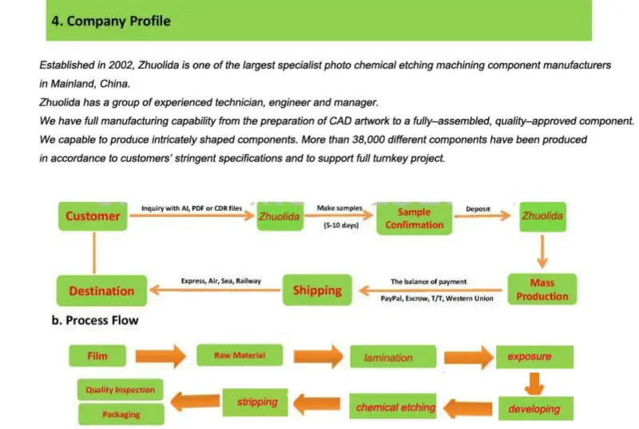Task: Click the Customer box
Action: pyautogui.click(x=93, y=216)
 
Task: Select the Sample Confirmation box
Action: pyautogui.click(x=414, y=218)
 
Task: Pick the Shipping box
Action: pyautogui.click(x=316, y=290)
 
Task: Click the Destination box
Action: pyautogui.click(x=101, y=291)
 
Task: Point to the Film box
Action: pyautogui.click(x=97, y=356)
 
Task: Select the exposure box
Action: pyautogui.click(x=529, y=356)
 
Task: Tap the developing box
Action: pyautogui.click(x=534, y=409)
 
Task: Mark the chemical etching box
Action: pyautogui.click(x=395, y=407)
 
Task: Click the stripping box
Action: pyautogui.click(x=256, y=402)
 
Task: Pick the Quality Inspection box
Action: pyautogui.click(x=120, y=391)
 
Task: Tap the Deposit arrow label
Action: pyautogui.click(x=478, y=209)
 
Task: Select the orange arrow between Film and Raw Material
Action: pyautogui.click(x=161, y=356)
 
